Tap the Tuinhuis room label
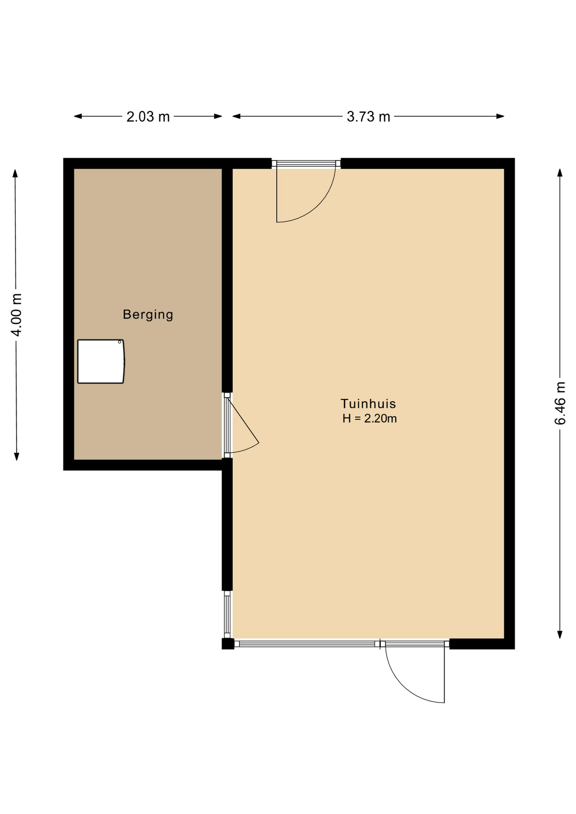[368, 404]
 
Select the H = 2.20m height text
[369, 418]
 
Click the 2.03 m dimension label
[148, 117]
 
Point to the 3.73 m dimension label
[368, 117]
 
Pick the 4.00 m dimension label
[16, 315]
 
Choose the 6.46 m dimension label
[560, 403]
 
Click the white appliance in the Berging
[101, 361]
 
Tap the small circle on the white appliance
[120, 342]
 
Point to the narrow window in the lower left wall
[227, 614]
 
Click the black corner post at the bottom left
[228, 644]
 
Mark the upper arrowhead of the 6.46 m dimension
[560, 173]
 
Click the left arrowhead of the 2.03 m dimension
[78, 116]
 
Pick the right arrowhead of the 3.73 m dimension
[501, 116]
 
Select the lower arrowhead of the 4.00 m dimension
[17, 456]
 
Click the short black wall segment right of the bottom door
[482, 644]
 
